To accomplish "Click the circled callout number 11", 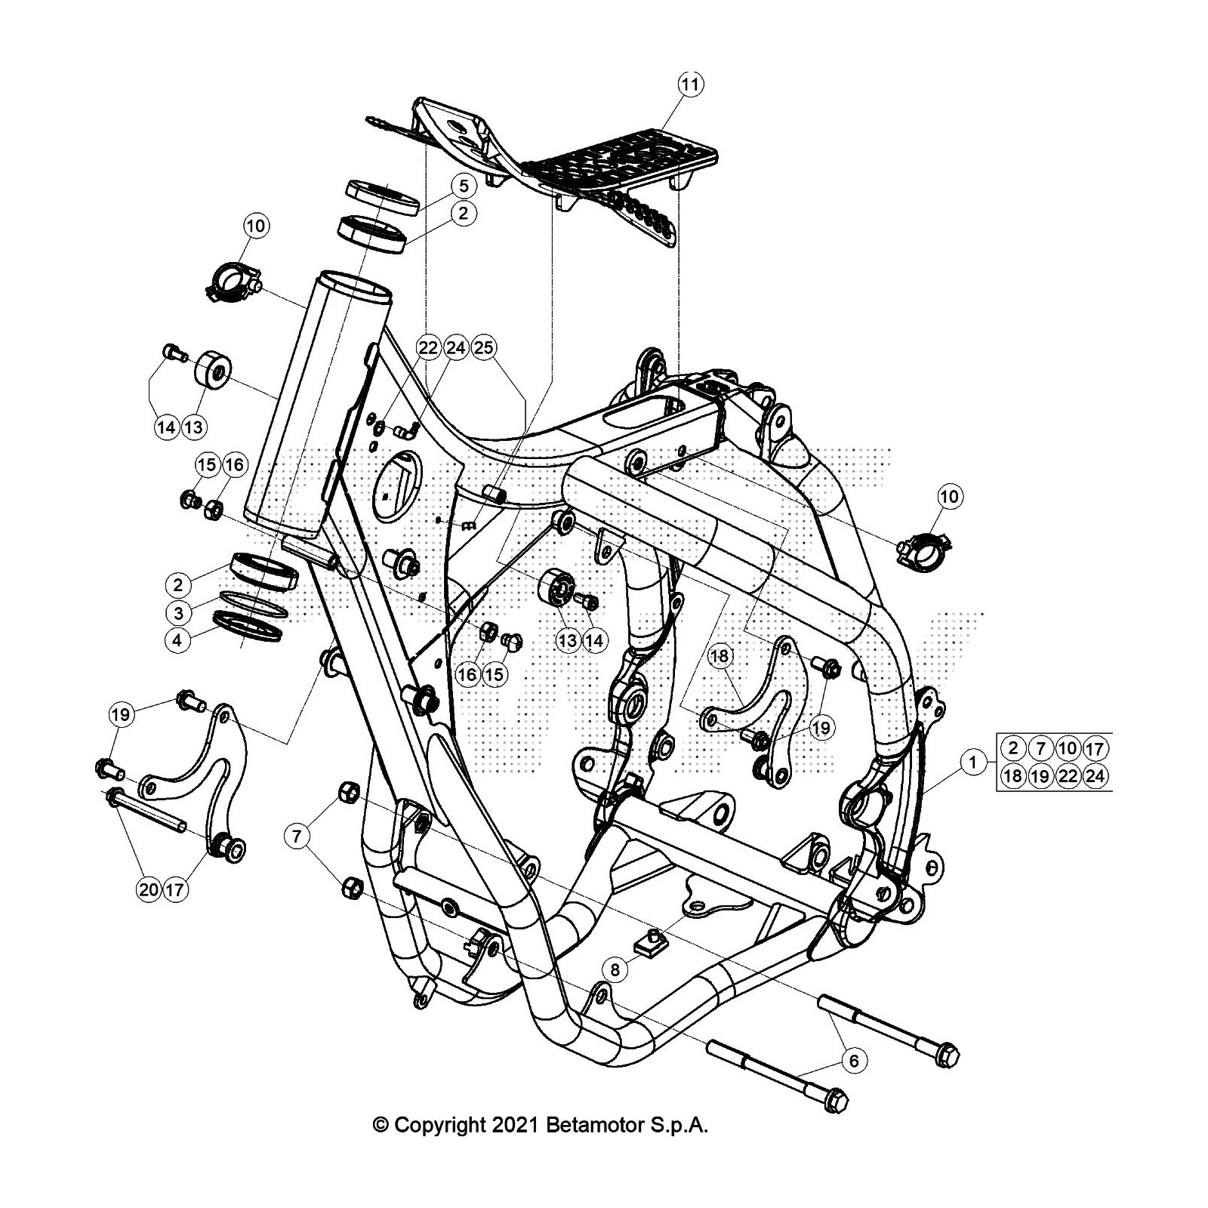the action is coord(690,84).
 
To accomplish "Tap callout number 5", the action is coord(464,185).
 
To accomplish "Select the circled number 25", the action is coord(483,348).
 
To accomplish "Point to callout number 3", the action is coord(178,612).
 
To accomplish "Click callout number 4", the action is coord(178,640).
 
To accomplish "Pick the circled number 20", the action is coord(149,889).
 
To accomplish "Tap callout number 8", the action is coord(615,969).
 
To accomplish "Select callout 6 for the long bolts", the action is coord(854,1061).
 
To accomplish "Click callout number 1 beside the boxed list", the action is coord(973,763).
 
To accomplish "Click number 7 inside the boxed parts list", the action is coord(1040,749).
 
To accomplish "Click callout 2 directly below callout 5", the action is coord(464,213).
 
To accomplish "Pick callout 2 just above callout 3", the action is coord(178,584).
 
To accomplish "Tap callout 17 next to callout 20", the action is coord(174,889).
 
